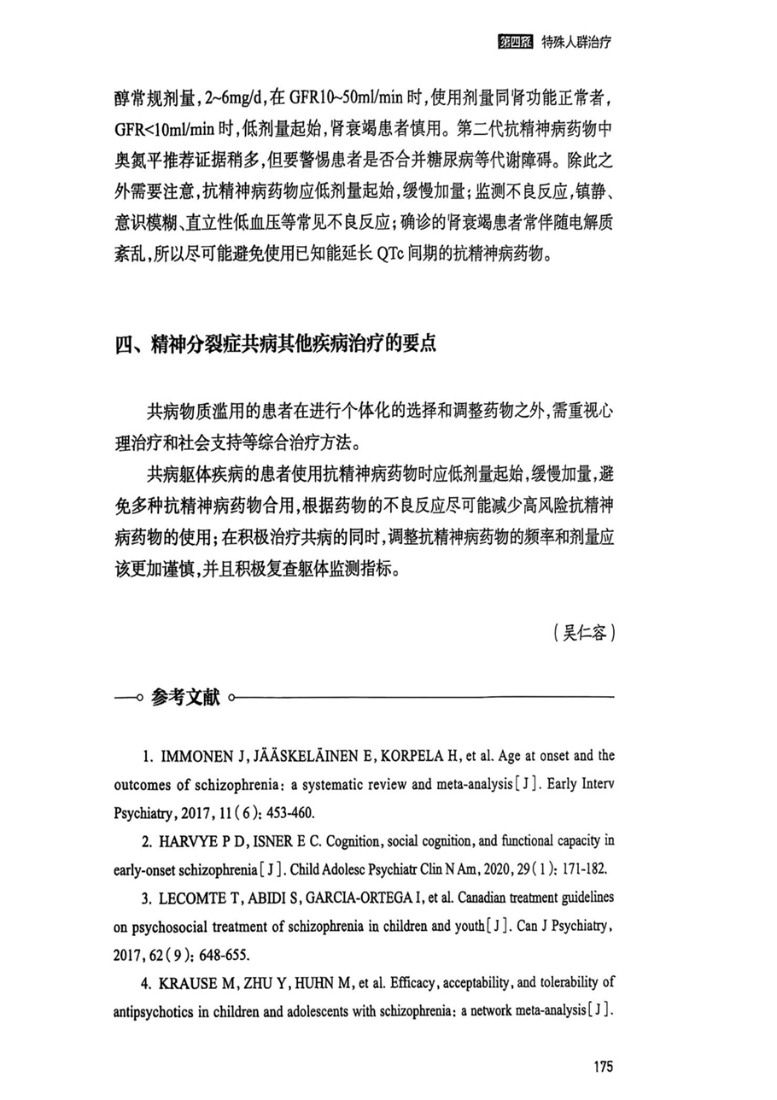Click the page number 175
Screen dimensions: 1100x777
602,1066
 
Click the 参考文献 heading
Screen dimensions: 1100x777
185,698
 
